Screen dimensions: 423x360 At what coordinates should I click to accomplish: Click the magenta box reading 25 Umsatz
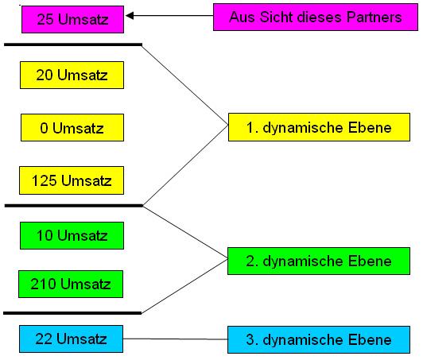(72, 19)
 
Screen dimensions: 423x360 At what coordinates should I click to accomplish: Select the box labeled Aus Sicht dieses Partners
(316, 17)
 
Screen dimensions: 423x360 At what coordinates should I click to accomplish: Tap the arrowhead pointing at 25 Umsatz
(130, 16)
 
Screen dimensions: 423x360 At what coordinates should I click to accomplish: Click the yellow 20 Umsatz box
(72, 75)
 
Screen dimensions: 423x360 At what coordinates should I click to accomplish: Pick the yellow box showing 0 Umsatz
(72, 128)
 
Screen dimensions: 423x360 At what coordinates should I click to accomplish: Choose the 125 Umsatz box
(72, 180)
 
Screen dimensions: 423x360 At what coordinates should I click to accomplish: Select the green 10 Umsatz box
(72, 236)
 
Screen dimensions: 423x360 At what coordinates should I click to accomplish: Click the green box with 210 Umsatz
(71, 285)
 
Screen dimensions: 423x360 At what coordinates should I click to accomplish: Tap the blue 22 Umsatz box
(71, 339)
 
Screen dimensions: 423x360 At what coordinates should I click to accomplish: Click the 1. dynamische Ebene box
(319, 127)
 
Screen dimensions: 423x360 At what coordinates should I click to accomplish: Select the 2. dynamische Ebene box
(319, 261)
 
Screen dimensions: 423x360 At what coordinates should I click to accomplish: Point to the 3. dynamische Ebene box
(319, 340)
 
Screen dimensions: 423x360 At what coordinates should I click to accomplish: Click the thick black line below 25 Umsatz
(73, 45)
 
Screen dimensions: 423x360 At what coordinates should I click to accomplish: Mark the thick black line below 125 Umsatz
(74, 206)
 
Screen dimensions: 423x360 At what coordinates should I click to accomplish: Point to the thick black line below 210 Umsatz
(72, 313)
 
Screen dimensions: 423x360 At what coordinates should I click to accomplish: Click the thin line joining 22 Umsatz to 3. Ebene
(176, 339)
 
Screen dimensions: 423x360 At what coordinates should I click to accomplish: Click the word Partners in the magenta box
(374, 17)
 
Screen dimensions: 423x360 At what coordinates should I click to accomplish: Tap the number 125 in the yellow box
(45, 180)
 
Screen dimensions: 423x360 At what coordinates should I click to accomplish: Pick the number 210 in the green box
(43, 285)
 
